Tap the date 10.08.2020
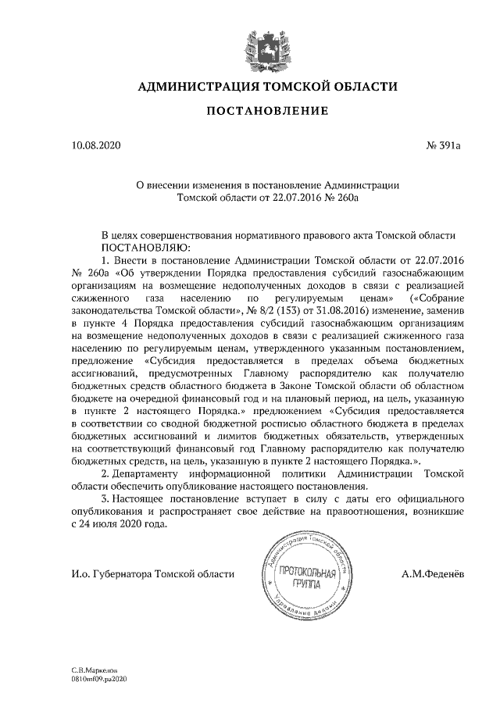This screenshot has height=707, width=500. pos(96,145)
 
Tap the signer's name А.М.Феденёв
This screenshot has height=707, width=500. pos(431,574)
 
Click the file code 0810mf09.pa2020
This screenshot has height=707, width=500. pos(98,679)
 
